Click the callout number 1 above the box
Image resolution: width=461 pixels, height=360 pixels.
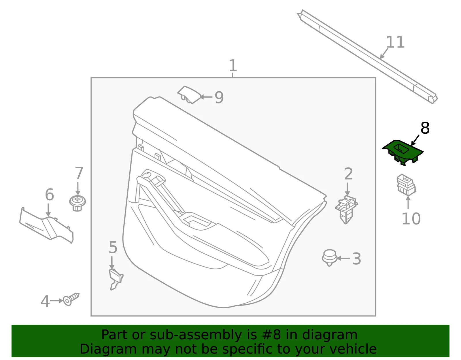[x=233, y=65]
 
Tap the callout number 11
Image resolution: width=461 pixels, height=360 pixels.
[x=395, y=42]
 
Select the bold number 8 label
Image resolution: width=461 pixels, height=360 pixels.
[x=425, y=128]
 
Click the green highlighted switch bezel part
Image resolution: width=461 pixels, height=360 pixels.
[x=403, y=152]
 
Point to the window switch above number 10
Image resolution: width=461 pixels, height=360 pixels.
[x=406, y=185]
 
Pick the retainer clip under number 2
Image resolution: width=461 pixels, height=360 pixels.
[x=346, y=210]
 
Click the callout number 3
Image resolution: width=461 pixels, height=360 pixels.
[x=356, y=259]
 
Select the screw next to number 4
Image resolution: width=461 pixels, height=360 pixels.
[x=71, y=299]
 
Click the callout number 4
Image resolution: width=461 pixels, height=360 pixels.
[x=45, y=301]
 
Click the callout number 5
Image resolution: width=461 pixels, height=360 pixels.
[x=113, y=247]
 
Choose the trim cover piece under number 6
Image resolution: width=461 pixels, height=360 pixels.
[x=47, y=226]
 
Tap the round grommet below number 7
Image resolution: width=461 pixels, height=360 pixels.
[x=78, y=203]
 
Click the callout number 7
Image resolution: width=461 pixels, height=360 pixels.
[x=79, y=173]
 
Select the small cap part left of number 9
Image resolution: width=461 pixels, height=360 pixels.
[x=189, y=95]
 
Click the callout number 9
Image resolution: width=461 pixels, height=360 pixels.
[x=219, y=97]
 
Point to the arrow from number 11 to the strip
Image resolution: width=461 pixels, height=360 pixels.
[x=384, y=53]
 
